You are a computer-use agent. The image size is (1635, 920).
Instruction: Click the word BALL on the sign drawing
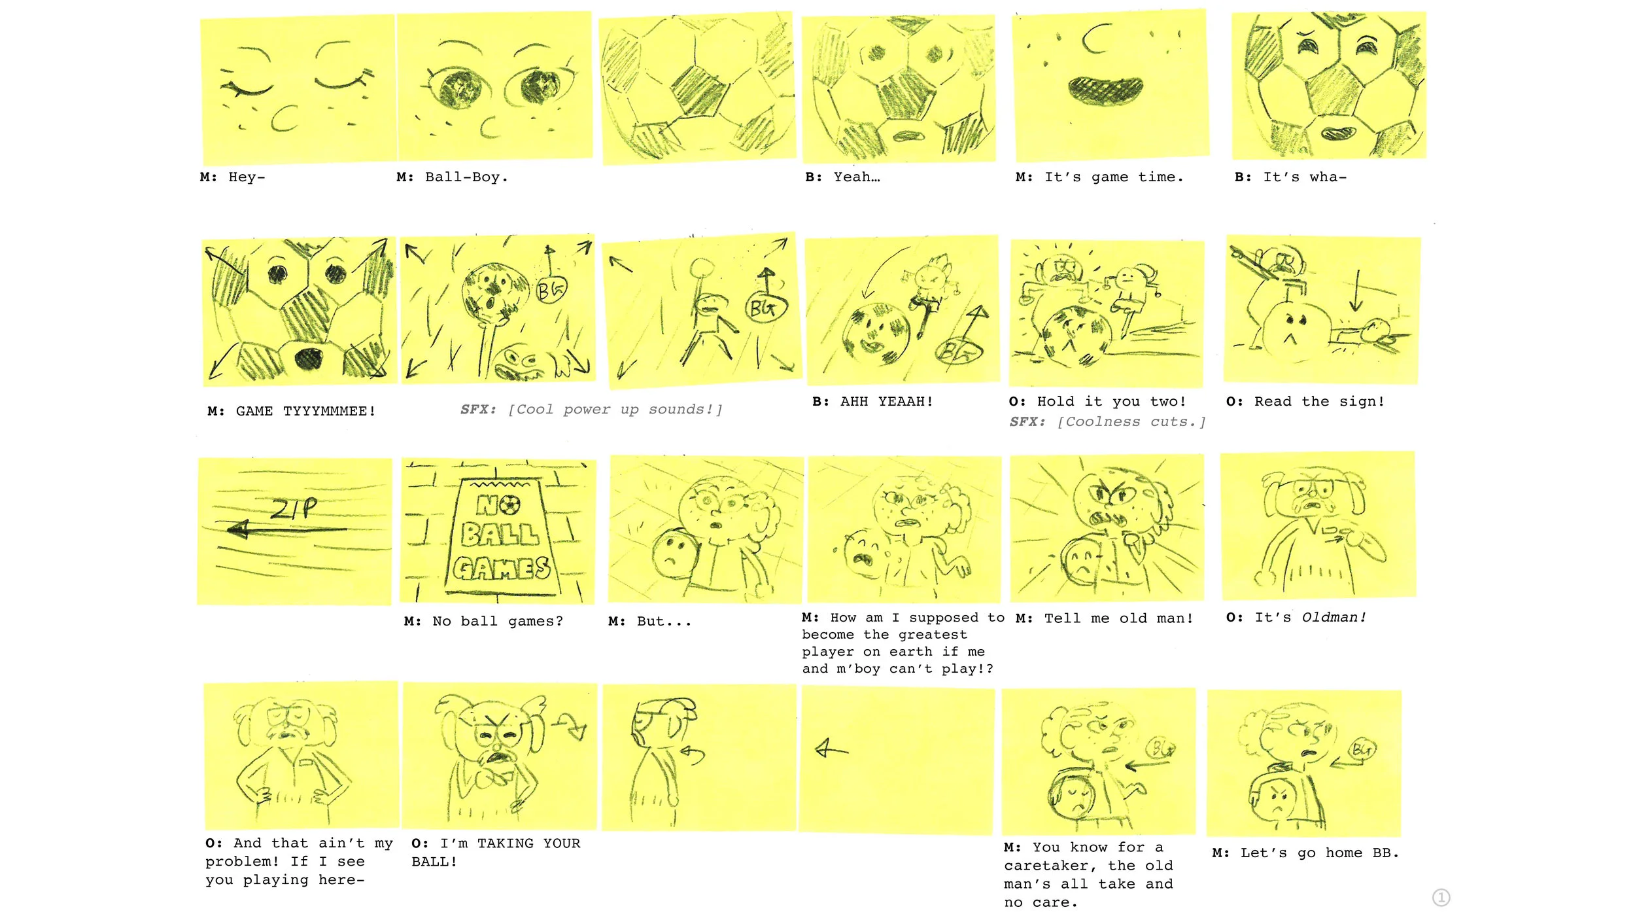pos(500,534)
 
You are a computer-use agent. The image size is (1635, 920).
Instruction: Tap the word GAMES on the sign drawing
pos(502,568)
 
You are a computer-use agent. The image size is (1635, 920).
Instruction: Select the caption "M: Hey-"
pos(232,177)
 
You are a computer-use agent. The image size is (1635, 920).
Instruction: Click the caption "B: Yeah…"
pos(842,177)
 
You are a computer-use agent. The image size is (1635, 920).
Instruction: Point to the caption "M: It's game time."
pos(1099,177)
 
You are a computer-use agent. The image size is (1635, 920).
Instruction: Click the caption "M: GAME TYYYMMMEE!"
pos(292,411)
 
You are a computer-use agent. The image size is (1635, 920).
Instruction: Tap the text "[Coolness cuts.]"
pos(1131,422)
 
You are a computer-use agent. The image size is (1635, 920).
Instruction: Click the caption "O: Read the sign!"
pos(1305,401)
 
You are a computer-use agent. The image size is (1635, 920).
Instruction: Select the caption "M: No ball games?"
pos(483,621)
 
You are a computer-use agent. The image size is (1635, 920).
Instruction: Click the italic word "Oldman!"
pos(1334,617)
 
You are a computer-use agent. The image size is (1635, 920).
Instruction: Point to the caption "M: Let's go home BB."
pos(1305,853)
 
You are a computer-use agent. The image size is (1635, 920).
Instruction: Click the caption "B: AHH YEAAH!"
pos(872,401)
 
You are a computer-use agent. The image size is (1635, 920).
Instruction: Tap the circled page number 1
pos(1441,897)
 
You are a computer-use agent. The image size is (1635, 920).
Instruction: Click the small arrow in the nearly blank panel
pos(831,748)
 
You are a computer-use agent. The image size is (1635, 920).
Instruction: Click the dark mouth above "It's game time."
pos(1106,90)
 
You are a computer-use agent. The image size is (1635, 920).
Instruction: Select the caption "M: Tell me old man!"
pos(1105,618)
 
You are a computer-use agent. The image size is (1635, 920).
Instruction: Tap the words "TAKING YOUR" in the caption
pos(528,843)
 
